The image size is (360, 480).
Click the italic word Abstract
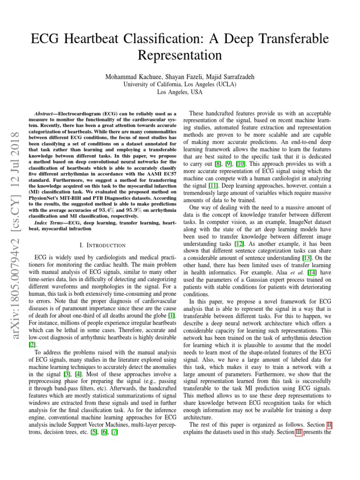pos(46,114)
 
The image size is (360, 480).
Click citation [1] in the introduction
pos(172,316)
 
